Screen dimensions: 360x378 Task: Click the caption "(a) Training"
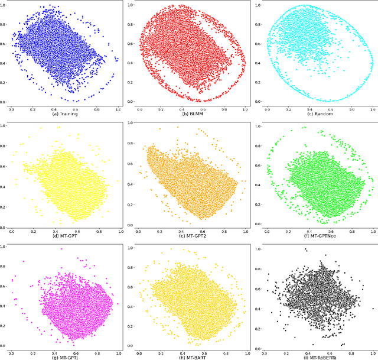[65, 113]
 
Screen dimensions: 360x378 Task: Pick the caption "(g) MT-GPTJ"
[65, 356]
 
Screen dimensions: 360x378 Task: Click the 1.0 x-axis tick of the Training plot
[118, 109]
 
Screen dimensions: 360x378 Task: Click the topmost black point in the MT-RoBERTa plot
[305, 249]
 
